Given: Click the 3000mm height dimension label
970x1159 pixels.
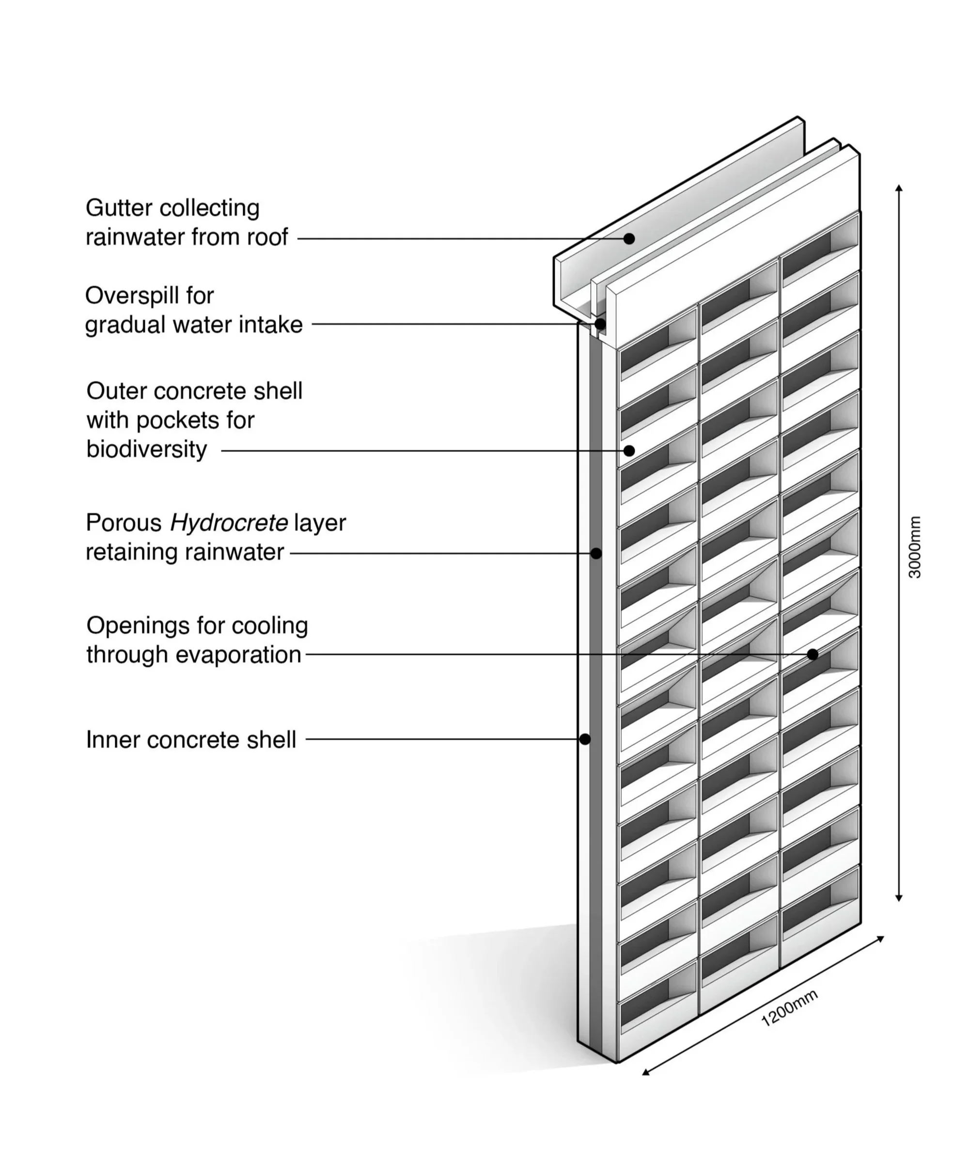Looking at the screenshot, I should pyautogui.click(x=914, y=547).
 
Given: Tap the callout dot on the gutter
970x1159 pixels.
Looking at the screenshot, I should pyautogui.click(x=629, y=238).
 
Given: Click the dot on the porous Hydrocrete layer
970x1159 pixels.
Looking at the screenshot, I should pyautogui.click(x=596, y=553).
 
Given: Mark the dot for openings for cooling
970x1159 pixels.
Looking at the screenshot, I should pyautogui.click(x=812, y=655).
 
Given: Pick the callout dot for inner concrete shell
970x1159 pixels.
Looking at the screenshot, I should pyautogui.click(x=585, y=739).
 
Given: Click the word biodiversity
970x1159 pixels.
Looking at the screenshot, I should pyautogui.click(x=146, y=449).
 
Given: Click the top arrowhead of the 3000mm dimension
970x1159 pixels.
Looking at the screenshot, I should pyautogui.click(x=899, y=188).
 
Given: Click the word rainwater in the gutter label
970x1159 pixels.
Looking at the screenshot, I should pyautogui.click(x=135, y=237).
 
